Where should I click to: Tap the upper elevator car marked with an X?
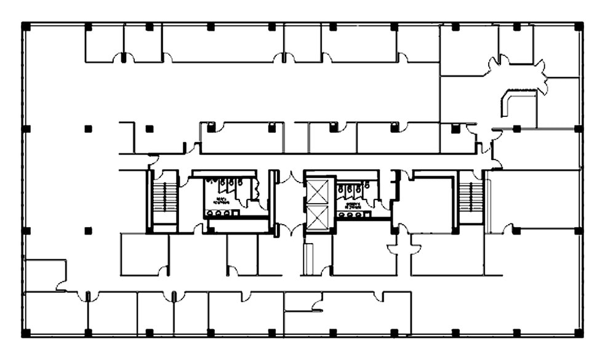click(x=318, y=192)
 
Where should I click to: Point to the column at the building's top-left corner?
click(x=26, y=26)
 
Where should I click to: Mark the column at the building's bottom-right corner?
click(x=578, y=333)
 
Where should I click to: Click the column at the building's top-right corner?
click(x=578, y=26)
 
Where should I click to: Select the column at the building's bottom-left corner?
click(x=26, y=333)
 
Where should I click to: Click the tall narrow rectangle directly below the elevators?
click(x=308, y=259)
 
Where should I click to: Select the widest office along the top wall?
click(x=223, y=44)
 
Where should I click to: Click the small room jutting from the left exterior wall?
click(x=45, y=274)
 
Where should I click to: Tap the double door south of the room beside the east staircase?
click(x=404, y=248)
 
